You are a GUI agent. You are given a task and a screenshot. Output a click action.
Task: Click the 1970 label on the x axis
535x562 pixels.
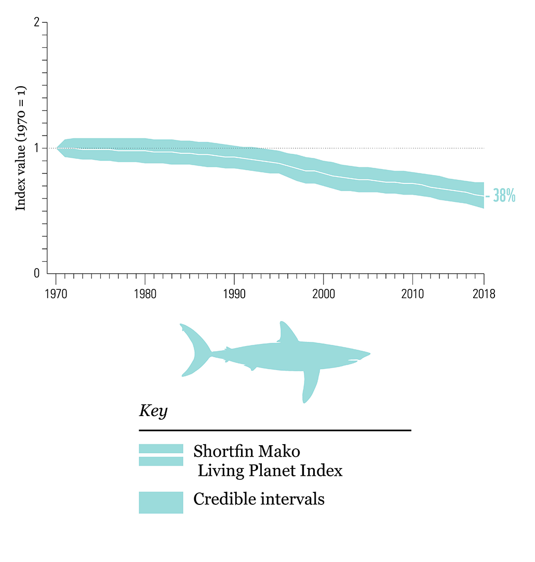click(x=56, y=294)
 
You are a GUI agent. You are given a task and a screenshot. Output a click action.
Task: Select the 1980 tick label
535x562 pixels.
click(x=145, y=294)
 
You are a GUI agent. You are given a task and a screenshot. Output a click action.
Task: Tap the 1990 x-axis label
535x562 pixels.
click(x=234, y=294)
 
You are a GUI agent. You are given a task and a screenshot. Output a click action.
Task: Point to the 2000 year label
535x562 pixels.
click(x=323, y=294)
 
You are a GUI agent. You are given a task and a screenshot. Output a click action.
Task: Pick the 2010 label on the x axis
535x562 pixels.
click(x=412, y=294)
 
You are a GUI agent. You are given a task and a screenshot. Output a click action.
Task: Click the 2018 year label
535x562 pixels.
click(x=484, y=294)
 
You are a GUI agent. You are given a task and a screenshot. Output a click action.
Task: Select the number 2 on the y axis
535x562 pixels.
click(x=36, y=23)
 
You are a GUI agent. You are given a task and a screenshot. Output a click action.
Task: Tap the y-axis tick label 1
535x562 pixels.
click(x=37, y=148)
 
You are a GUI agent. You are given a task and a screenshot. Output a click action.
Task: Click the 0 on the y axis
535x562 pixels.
click(x=36, y=273)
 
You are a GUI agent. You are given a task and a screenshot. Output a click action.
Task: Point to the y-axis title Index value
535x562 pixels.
click(x=21, y=148)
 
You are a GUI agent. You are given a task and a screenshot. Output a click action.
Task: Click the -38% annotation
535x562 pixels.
click(x=501, y=196)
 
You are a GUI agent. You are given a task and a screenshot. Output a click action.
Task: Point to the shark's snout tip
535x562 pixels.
click(x=368, y=354)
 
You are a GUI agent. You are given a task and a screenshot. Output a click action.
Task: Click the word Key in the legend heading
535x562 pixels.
click(x=153, y=411)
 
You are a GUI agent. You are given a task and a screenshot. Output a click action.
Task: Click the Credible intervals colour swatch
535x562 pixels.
click(x=161, y=502)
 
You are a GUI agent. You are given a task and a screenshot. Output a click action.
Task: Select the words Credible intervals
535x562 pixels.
click(x=259, y=499)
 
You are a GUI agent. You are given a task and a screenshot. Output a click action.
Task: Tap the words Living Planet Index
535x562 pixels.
click(x=270, y=471)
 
